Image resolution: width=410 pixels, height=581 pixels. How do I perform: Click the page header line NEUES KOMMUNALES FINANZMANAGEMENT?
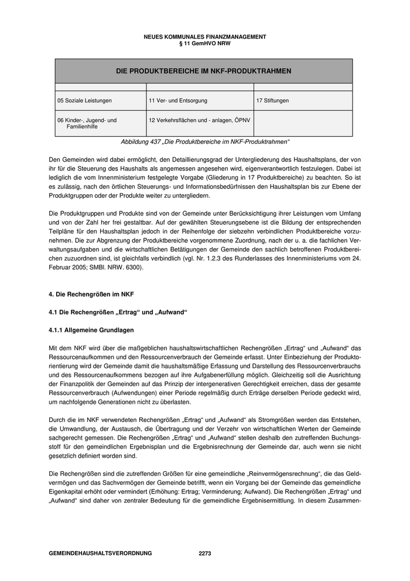[204, 37]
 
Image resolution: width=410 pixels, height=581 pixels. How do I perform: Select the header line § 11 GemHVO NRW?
[204, 43]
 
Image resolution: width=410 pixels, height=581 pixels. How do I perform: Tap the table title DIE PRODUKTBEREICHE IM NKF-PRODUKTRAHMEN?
[204, 71]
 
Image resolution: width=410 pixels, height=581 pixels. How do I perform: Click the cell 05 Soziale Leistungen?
[84, 101]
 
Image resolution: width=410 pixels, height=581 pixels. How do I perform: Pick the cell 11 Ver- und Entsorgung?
[178, 101]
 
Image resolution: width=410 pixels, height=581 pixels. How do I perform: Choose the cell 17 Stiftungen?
[272, 101]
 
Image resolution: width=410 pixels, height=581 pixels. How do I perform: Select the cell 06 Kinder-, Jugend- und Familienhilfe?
[87, 123]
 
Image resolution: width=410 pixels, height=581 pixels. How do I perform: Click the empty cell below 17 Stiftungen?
[303, 123]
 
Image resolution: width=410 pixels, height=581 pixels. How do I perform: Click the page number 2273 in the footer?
[204, 553]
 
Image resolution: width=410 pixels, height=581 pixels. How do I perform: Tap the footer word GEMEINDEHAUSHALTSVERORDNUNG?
[101, 553]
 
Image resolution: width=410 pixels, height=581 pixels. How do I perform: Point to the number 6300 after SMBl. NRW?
[132, 268]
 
